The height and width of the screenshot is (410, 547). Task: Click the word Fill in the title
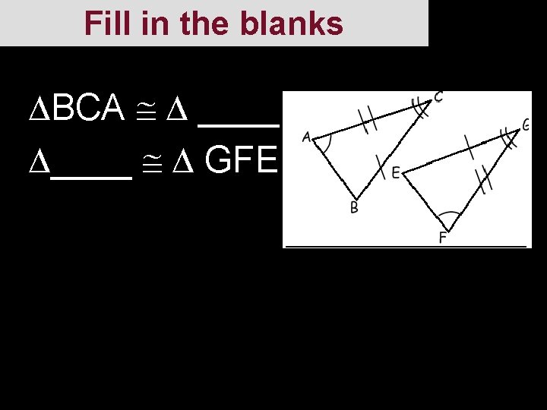106,24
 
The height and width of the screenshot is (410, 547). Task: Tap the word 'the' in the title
204,24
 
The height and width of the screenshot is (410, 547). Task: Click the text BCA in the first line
90,111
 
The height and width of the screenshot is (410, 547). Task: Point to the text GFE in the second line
241,160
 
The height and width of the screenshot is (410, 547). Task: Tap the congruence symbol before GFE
157,160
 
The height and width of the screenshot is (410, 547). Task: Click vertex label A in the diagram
306,137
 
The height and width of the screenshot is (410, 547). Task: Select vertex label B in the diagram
354,208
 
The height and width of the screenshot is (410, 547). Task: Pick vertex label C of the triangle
438,97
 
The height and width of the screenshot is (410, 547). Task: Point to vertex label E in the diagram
396,174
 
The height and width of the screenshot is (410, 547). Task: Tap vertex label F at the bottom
442,238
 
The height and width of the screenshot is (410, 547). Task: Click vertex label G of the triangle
526,125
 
